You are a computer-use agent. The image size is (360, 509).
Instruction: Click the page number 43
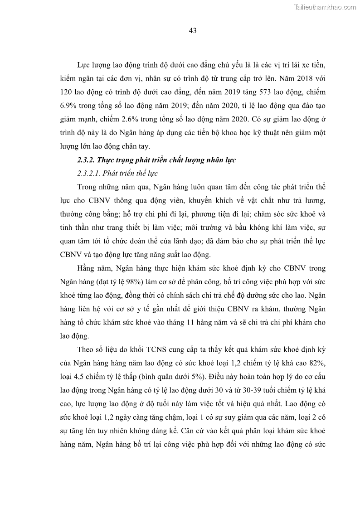[192, 31]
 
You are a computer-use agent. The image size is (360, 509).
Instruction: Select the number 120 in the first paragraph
[66, 92]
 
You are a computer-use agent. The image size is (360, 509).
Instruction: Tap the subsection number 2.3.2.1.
[89, 174]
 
